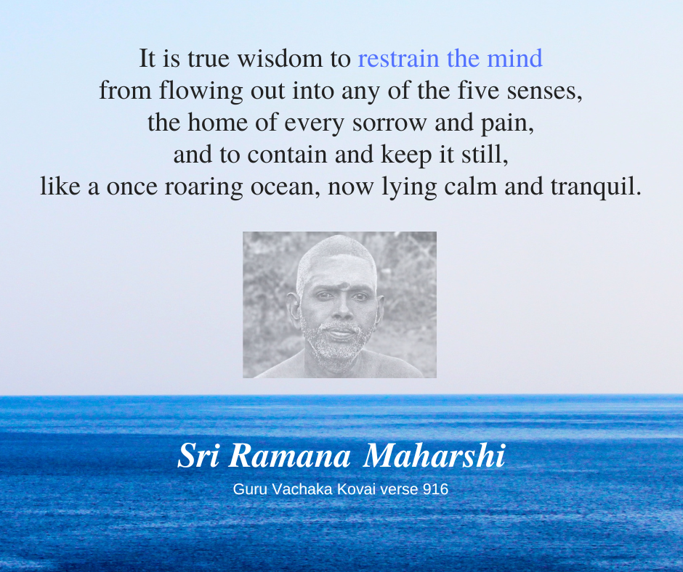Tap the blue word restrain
point(398,59)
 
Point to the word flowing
point(201,91)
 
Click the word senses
point(544,91)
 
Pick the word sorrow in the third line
point(389,123)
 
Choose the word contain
point(287,155)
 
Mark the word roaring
point(203,187)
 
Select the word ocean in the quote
point(285,187)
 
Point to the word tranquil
point(596,187)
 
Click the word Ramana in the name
point(289,456)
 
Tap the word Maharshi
point(434,455)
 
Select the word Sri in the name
point(198,455)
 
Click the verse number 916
point(435,489)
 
